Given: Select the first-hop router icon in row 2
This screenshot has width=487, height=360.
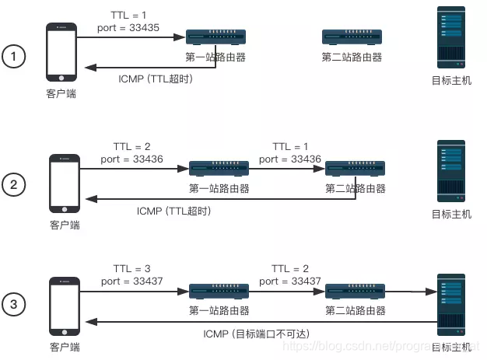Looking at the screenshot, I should [219, 168].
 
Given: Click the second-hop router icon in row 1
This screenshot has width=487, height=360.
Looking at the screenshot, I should [352, 37].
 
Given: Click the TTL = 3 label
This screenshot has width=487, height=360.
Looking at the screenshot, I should [131, 268].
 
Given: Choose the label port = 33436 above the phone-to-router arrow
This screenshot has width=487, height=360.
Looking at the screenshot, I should [132, 159].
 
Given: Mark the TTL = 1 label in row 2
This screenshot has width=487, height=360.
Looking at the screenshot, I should [291, 147].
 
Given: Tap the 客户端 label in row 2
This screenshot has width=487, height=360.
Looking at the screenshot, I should [64, 225].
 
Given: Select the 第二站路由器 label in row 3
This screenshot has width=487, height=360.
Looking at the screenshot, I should [355, 310].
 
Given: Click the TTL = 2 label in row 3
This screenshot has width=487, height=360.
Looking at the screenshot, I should [290, 268].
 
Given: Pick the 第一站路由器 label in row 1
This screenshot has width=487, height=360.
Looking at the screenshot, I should [216, 57].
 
